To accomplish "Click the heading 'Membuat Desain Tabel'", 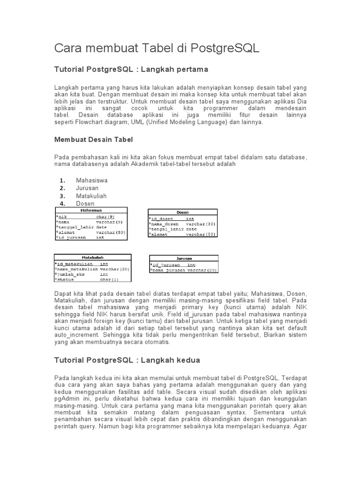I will tap(94, 139).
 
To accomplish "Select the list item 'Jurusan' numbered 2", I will tap(87, 188).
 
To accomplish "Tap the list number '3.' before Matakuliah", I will tap(62, 196).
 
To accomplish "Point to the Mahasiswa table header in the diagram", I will tap(91, 210).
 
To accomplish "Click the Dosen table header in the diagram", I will tap(183, 212).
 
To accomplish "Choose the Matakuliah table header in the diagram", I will tap(93, 257).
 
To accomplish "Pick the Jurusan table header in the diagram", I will tap(184, 258).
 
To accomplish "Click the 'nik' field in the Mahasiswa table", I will tap(63, 217).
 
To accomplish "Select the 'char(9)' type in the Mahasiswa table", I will tap(105, 217).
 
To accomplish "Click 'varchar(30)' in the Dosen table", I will tap(201, 224).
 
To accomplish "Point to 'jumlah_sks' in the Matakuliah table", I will tap(70, 274).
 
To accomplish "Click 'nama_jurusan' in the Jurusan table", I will tap(169, 270).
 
